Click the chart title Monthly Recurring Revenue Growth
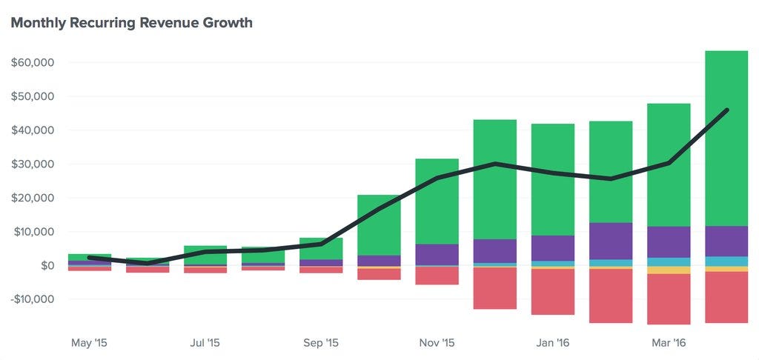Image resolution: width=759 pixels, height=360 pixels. coord(132,23)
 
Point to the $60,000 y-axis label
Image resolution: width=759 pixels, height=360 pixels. coord(33,63)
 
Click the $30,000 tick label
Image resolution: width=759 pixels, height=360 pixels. coord(33,164)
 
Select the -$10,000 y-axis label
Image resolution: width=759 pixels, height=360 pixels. coord(31,299)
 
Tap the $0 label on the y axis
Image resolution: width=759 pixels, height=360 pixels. coord(46,266)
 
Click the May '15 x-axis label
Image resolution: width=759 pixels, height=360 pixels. coord(89,343)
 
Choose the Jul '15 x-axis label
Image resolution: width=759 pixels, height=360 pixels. coord(205,343)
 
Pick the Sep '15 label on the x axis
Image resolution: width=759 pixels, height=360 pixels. coord(321,343)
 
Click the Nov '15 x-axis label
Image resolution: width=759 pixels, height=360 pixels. coord(437,343)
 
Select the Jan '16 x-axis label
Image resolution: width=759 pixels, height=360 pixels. coord(553,343)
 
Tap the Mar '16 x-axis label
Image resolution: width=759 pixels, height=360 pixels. coord(669,343)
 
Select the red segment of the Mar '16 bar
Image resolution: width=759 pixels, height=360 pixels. coord(669,299)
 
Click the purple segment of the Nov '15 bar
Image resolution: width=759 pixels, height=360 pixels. coord(437,255)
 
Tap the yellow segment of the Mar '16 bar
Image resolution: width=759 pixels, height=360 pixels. coord(669,270)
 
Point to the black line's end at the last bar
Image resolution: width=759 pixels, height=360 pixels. coord(727,110)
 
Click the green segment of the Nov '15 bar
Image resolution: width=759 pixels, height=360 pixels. coord(437,201)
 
